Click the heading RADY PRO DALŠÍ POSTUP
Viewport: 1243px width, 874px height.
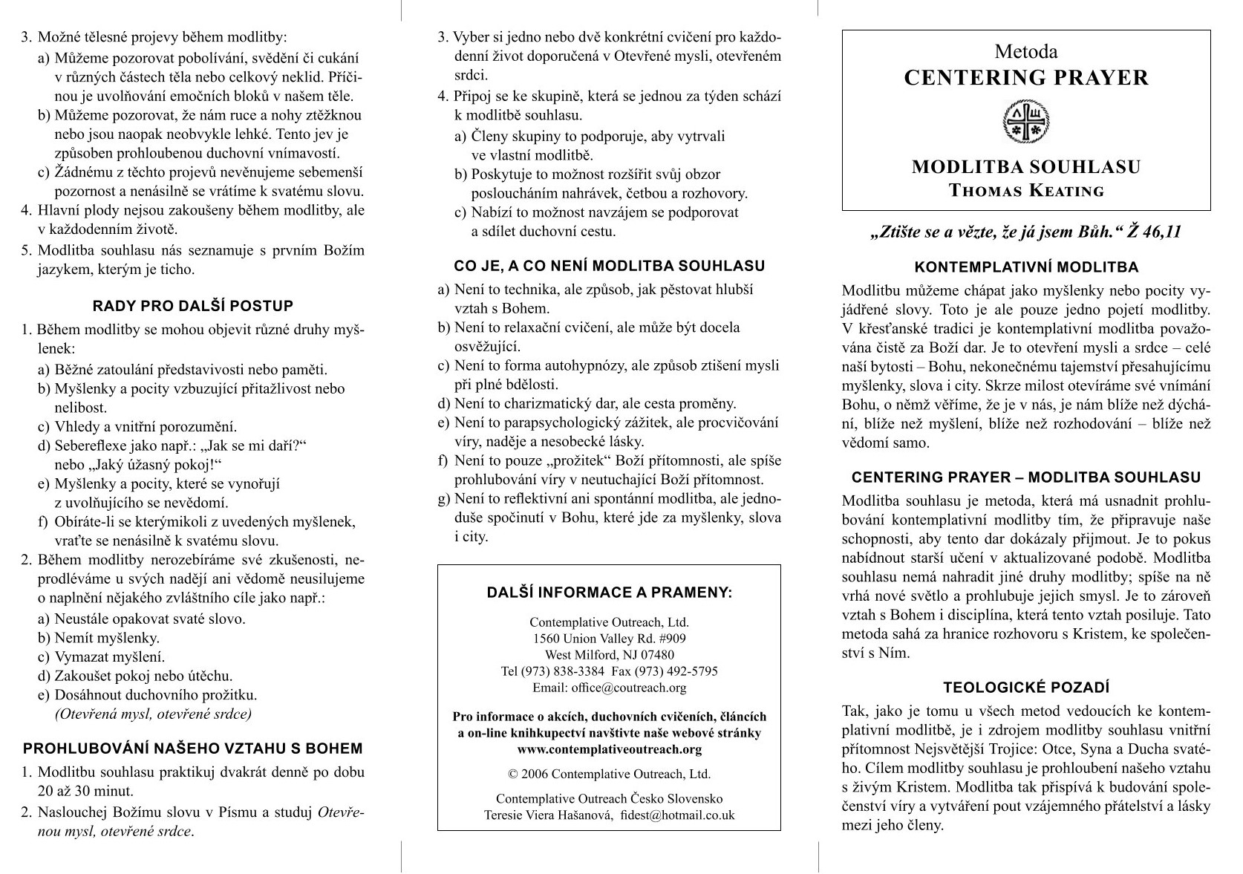(x=193, y=305)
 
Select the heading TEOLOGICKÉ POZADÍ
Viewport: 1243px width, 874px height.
(x=1026, y=688)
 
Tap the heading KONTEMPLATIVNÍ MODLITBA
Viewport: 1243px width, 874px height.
(x=1026, y=267)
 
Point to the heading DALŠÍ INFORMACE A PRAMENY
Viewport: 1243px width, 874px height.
(x=609, y=593)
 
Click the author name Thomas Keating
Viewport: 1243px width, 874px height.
(x=1026, y=191)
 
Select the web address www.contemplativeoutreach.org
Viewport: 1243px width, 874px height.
(x=609, y=749)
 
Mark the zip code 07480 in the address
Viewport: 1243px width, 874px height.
(x=657, y=655)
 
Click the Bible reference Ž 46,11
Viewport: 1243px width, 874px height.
(x=1154, y=232)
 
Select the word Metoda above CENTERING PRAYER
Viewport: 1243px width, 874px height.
(x=1026, y=52)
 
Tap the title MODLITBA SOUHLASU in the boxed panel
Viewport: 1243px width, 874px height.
(x=1026, y=167)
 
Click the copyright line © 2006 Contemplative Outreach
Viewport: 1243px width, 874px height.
(x=609, y=774)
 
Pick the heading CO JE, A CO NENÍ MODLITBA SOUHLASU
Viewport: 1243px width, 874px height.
(x=609, y=266)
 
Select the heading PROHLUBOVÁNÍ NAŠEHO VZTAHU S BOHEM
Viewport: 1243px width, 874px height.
(x=193, y=749)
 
